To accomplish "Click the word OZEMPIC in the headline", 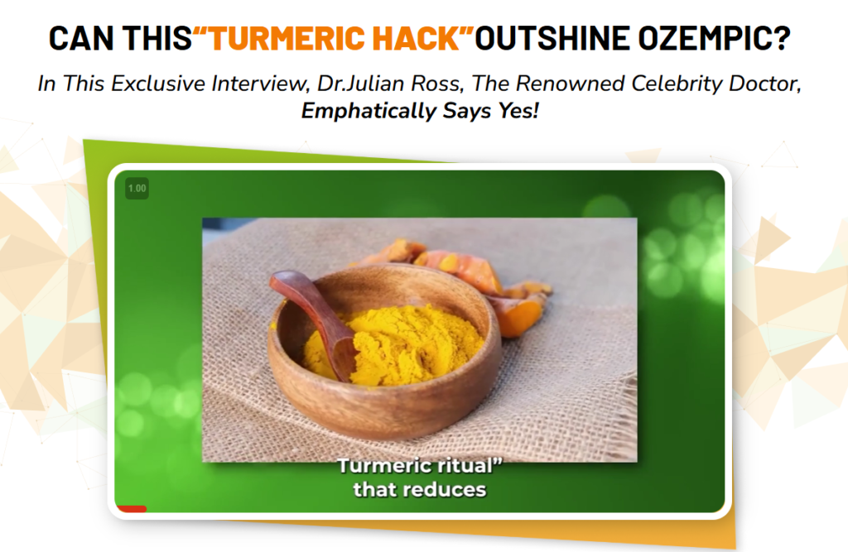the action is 715,38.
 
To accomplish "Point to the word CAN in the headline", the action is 81,38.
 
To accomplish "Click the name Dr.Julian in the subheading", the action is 360,84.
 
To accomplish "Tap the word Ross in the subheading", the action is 436,84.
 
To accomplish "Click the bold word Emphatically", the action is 369,111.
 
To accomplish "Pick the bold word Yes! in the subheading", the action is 518,111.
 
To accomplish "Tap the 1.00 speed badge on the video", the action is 137,188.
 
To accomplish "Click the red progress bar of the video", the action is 132,508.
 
